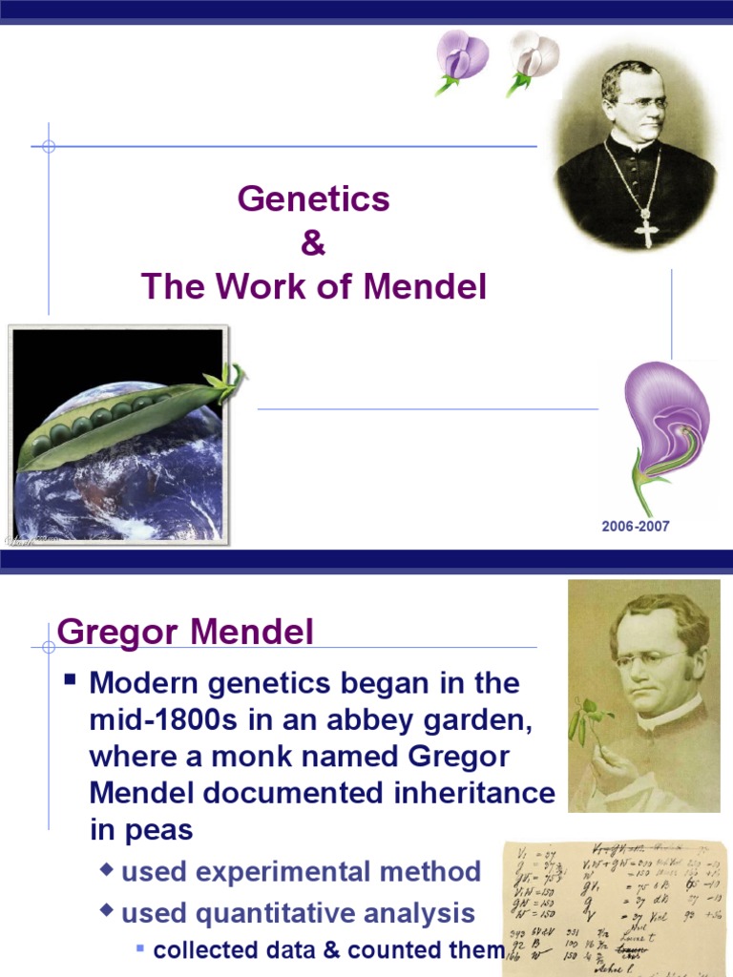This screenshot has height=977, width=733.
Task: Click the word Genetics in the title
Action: [x=313, y=199]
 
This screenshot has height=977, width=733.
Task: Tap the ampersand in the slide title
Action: [x=313, y=243]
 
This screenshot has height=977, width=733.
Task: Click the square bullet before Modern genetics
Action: [x=70, y=681]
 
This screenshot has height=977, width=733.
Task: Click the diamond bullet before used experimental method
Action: [x=108, y=870]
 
